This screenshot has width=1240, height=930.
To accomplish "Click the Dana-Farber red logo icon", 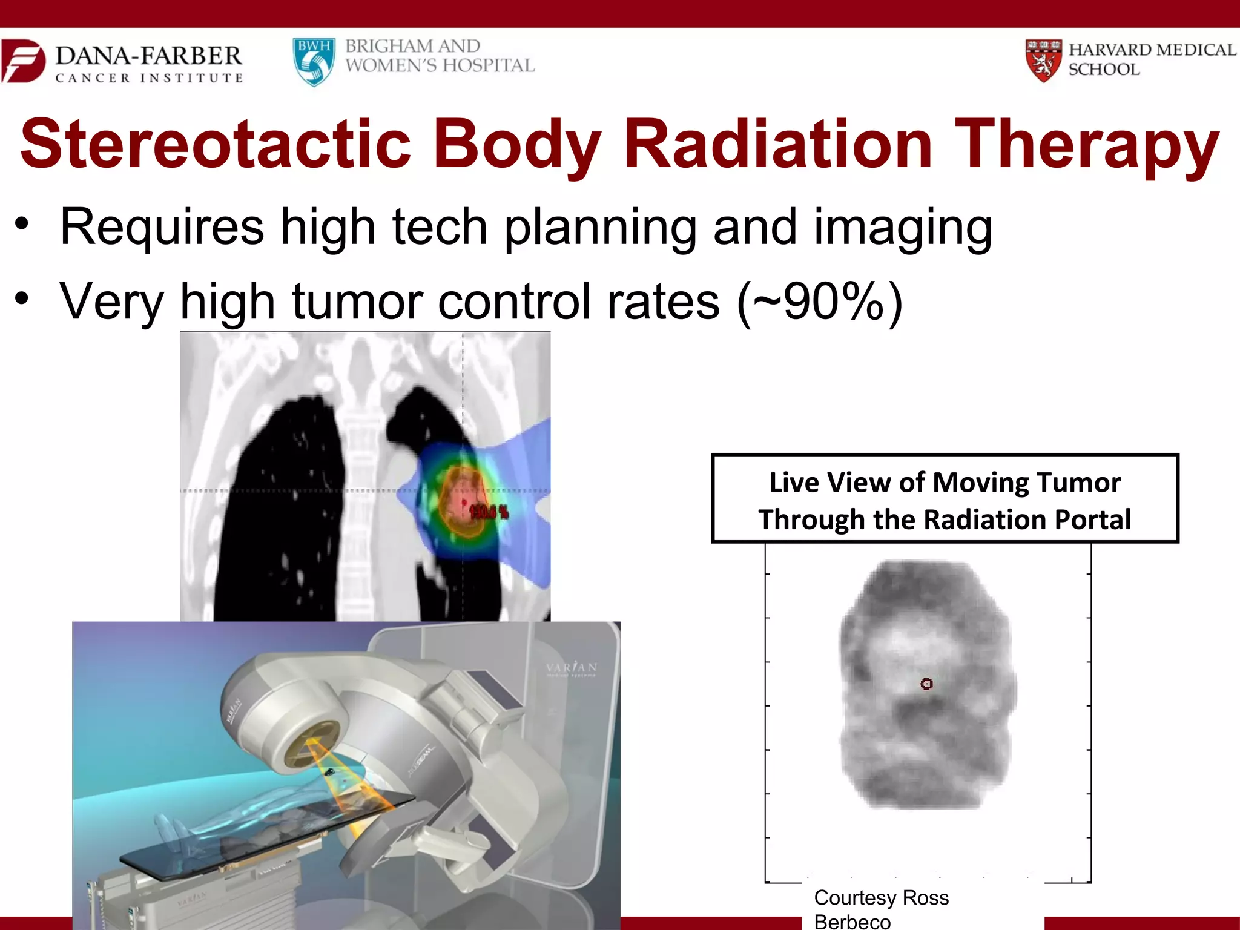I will pos(23,61).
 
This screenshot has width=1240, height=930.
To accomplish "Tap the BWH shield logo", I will pos(314,62).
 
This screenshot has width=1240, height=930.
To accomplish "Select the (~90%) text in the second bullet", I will pos(820,302).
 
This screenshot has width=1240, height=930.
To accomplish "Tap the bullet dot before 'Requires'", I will pos(22,223).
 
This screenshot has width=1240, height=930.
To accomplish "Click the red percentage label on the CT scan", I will pos(489,512).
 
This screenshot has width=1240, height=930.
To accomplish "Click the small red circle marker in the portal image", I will pos(926,684).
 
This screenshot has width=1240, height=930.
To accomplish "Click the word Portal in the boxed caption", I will pos(1092,519).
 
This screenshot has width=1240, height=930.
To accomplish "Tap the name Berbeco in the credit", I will pos(852,922).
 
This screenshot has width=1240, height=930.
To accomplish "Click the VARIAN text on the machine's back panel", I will pos(571,667).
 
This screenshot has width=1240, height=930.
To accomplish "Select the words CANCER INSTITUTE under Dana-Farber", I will pos(149,78).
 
